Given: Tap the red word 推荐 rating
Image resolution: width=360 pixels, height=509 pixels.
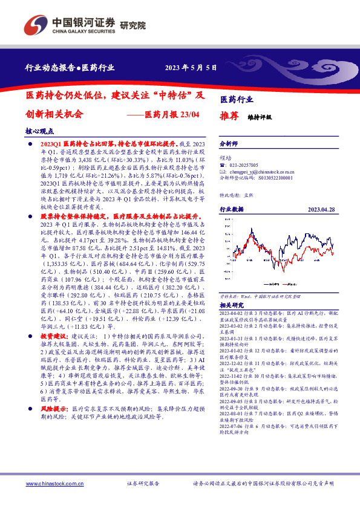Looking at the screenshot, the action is tap(227, 118).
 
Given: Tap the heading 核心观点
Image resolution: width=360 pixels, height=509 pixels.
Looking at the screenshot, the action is tap(39, 130).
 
